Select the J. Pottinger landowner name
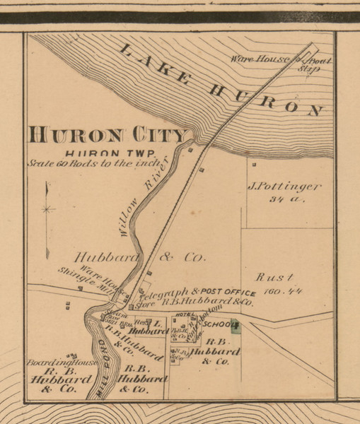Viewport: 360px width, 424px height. click(284, 187)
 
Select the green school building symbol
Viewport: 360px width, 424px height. click(238, 326)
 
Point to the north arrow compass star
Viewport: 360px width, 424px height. click(47, 209)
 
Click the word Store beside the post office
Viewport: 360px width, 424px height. click(145, 305)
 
